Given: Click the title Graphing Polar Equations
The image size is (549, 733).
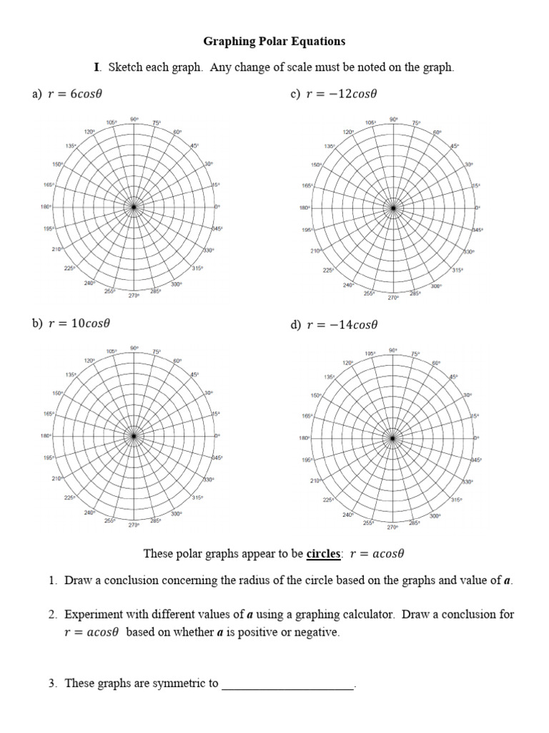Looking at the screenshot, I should pos(274,42).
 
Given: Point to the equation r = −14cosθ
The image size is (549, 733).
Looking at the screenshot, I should pos(342,324).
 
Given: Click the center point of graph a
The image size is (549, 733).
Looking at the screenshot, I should pos(134,208).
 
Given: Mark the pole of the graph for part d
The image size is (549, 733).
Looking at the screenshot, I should pos(392,437).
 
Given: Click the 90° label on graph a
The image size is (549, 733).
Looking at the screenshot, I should pos(134,118).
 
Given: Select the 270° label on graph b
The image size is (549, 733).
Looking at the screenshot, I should pos(134,525).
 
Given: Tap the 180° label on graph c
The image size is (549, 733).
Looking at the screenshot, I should pos(305,208).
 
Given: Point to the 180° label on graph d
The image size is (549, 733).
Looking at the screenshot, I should pos(305,438).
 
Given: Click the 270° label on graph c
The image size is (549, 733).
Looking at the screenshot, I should pos(392,297).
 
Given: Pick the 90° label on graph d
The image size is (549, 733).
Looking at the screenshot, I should pos(392,349).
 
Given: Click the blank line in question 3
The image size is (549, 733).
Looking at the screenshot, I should pos(288,684).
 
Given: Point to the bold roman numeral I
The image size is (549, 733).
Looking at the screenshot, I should pos(97,68).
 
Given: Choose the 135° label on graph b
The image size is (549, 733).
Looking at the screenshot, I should pos(71,375).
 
